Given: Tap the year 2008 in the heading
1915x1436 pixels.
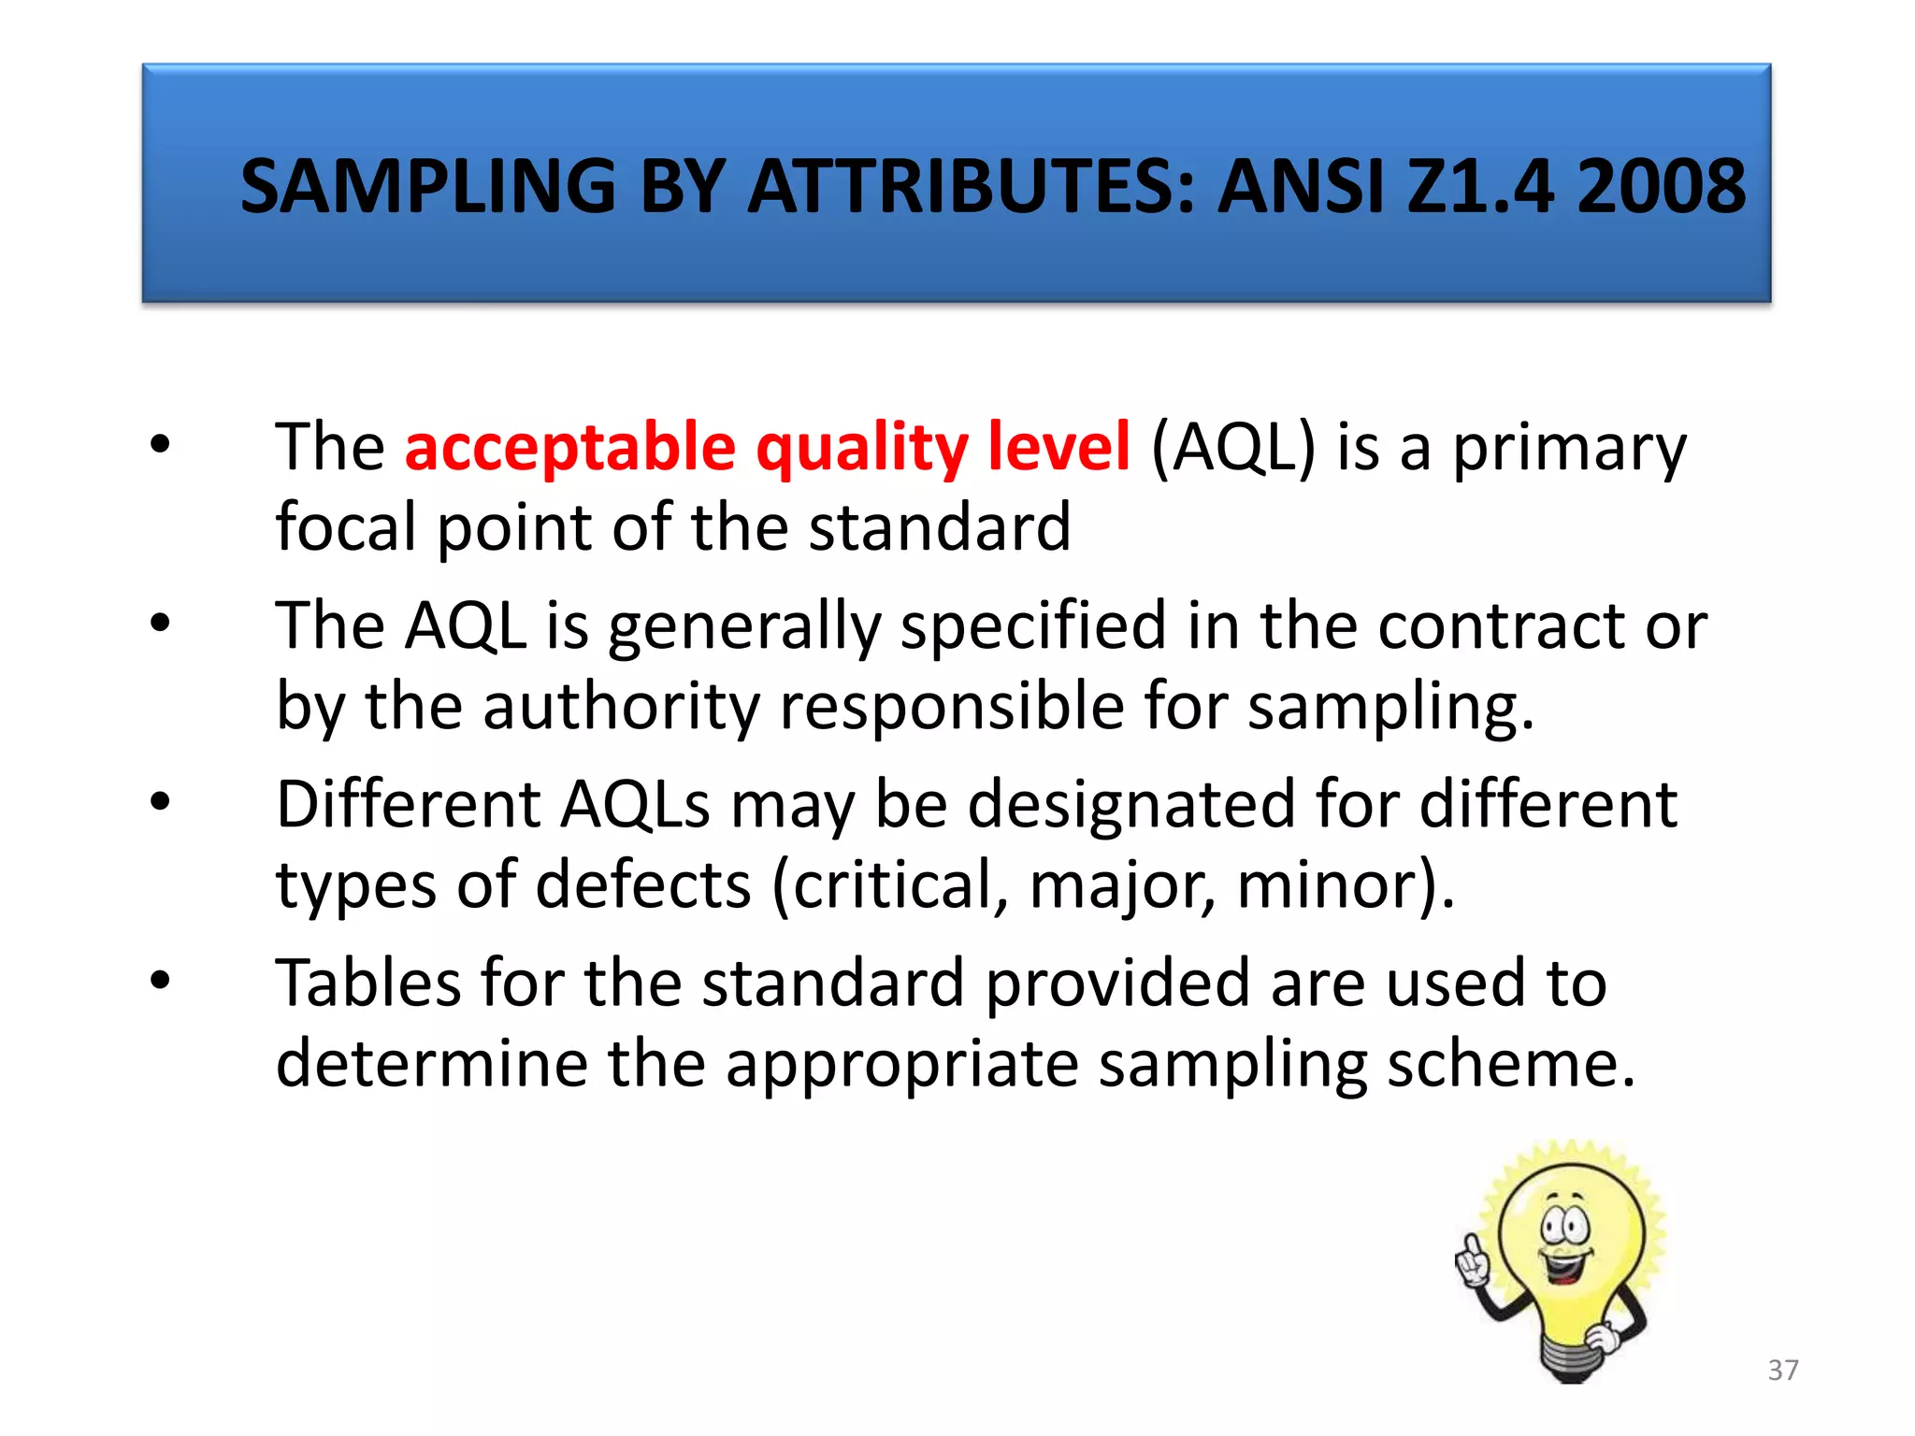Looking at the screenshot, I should [x=1661, y=186].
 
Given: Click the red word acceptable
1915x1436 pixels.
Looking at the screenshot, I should [x=570, y=447].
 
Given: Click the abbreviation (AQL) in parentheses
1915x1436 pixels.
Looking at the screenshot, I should [x=1232, y=447].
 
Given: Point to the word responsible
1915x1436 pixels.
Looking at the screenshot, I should [x=952, y=707].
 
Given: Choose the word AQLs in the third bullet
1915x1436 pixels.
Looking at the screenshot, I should [x=635, y=804].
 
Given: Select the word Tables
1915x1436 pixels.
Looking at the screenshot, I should [x=368, y=983].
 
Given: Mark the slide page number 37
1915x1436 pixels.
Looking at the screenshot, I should [x=1783, y=1371].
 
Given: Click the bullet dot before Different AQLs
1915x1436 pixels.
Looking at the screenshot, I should [x=160, y=801].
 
